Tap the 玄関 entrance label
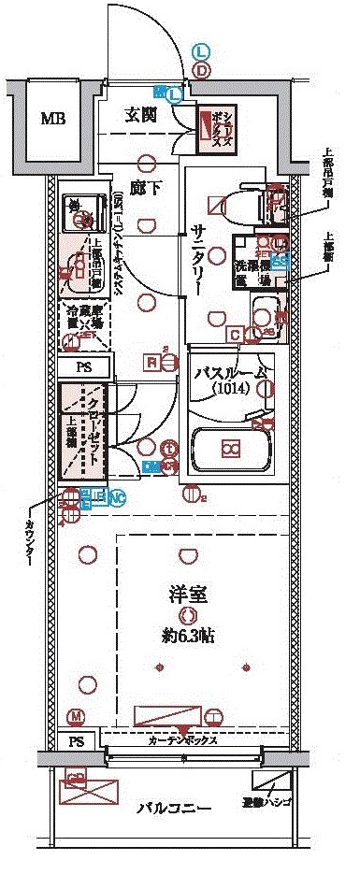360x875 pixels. [x=147, y=116]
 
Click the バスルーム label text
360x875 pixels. [x=230, y=373]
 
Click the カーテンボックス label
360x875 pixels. [x=183, y=739]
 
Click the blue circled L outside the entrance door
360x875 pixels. [x=202, y=52]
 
